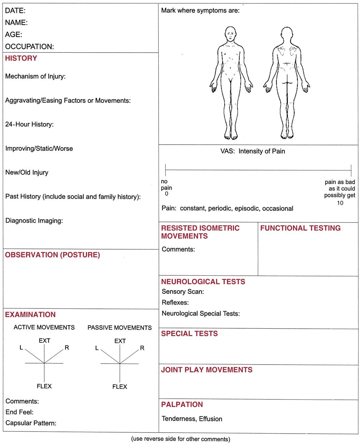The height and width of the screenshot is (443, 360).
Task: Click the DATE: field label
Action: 15,11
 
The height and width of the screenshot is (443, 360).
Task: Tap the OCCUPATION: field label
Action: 30,47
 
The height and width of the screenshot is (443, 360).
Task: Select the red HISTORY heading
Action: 21,59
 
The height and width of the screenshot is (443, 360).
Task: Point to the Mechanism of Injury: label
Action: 35,76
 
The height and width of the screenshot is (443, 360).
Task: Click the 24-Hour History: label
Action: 29,124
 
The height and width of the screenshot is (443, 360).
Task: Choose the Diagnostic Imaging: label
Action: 34,221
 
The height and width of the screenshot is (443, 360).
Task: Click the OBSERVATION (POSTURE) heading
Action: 52,255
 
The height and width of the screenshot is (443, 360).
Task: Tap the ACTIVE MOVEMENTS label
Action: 44,328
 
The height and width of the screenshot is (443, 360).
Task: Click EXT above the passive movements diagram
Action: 120,341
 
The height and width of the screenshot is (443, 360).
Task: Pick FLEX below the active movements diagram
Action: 44,386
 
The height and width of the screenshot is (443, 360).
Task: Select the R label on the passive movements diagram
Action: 142,348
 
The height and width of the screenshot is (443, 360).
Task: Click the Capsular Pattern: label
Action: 31,423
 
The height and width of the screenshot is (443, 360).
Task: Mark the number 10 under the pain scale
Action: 340,203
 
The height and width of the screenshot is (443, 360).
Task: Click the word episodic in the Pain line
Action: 247,209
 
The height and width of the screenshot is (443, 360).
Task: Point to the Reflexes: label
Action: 175,303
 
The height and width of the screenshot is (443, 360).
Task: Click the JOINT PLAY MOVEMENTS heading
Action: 207,370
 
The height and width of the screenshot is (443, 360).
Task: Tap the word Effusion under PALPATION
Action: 210,419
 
